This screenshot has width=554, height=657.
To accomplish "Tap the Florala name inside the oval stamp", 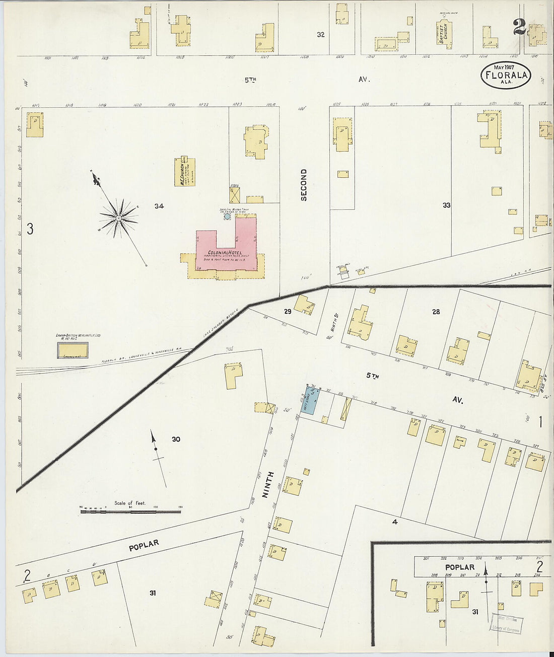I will tap(506, 76).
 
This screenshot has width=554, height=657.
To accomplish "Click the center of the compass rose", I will tap(118, 217).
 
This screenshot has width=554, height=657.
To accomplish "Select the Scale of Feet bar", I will tap(130, 512).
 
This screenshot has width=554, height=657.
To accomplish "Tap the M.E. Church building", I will tap(185, 172).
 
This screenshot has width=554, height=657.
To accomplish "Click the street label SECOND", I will tap(304, 185).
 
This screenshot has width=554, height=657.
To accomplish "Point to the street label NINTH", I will tap(270, 485).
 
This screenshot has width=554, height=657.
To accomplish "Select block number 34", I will tap(159, 206).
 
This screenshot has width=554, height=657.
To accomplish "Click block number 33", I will tap(446, 205).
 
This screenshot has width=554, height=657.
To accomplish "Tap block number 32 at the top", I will tap(320, 35).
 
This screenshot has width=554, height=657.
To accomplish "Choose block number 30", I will tap(176, 440).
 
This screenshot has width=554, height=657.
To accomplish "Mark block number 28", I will tap(436, 312).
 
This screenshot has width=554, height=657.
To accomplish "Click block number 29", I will tap(287, 312).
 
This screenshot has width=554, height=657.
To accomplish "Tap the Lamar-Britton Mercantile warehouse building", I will tap(73, 350).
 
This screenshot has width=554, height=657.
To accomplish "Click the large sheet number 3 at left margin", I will tap(30, 230).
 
